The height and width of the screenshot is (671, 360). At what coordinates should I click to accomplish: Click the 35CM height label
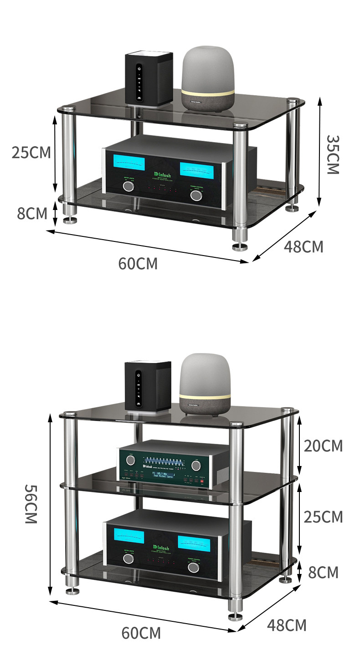pyautogui.click(x=333, y=154)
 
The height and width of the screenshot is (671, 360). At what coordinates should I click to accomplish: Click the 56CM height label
pyautogui.click(x=30, y=503)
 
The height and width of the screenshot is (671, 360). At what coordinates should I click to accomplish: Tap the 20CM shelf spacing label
pyautogui.click(x=323, y=446)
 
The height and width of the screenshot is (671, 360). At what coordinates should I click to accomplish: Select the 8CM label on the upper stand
pyautogui.click(x=32, y=213)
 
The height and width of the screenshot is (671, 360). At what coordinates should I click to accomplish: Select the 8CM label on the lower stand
pyautogui.click(x=323, y=572)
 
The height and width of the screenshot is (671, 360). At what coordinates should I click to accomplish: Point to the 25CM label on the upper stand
pyautogui.click(x=31, y=153)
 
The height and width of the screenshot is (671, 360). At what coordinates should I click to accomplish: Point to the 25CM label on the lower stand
pyautogui.click(x=323, y=517)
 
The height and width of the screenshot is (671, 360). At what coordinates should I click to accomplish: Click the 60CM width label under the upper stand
pyautogui.click(x=138, y=263)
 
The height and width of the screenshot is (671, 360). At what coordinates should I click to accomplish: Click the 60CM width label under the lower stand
pyautogui.click(x=141, y=633)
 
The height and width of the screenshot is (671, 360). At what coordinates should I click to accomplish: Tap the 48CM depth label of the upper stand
pyautogui.click(x=303, y=246)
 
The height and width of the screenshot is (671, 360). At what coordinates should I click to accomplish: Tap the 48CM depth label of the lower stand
pyautogui.click(x=287, y=625)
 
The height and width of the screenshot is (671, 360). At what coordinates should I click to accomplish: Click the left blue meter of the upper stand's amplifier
pyautogui.click(x=125, y=164)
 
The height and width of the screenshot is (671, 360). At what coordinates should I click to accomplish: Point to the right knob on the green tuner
pyautogui.click(x=196, y=465)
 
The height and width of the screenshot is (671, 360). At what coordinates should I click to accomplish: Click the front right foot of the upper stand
pyautogui.click(x=240, y=246)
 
